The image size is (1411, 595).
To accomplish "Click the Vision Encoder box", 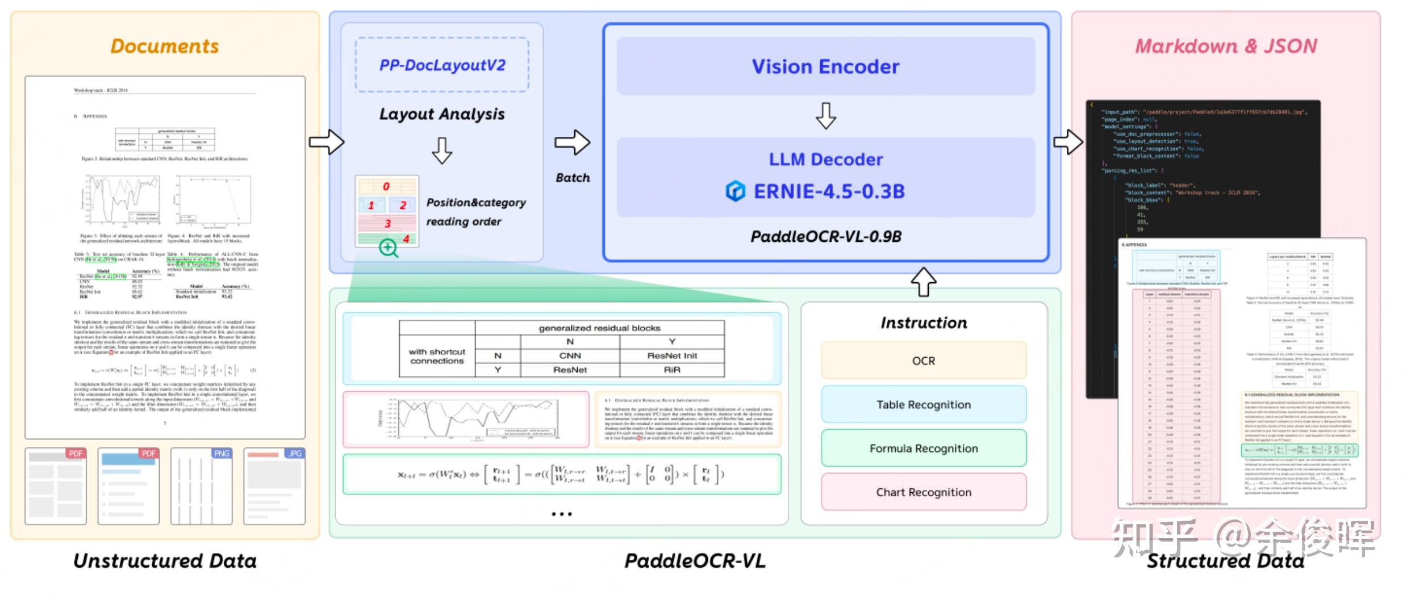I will (x=825, y=66).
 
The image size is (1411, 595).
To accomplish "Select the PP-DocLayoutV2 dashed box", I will (x=442, y=65).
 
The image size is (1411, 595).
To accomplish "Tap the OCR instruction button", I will (x=924, y=361).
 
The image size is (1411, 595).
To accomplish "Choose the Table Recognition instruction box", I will (x=924, y=404).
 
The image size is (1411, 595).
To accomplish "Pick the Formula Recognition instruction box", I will (x=924, y=449).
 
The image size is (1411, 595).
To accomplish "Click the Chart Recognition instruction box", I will (x=924, y=492).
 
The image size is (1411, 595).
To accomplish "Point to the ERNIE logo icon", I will (x=735, y=191).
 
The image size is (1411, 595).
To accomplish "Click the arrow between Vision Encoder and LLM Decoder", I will (x=825, y=116).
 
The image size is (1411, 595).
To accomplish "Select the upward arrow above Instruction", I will (x=924, y=281).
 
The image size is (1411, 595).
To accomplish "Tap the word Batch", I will (x=573, y=178).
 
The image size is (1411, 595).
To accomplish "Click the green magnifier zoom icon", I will (x=389, y=248).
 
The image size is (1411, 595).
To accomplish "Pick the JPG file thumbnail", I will (x=274, y=486).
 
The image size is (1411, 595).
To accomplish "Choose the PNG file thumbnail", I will (x=201, y=486).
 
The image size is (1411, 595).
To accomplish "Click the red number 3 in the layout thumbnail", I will (x=388, y=223).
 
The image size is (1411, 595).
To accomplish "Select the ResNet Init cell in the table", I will (x=672, y=355).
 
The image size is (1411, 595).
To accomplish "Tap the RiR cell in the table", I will (x=672, y=370).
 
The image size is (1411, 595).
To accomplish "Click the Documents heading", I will (x=165, y=46).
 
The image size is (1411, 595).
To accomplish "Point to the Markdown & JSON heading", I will (x=1226, y=46).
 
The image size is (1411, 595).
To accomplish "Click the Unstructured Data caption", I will (x=165, y=561).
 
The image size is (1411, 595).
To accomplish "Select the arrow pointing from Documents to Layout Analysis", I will (x=327, y=142).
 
